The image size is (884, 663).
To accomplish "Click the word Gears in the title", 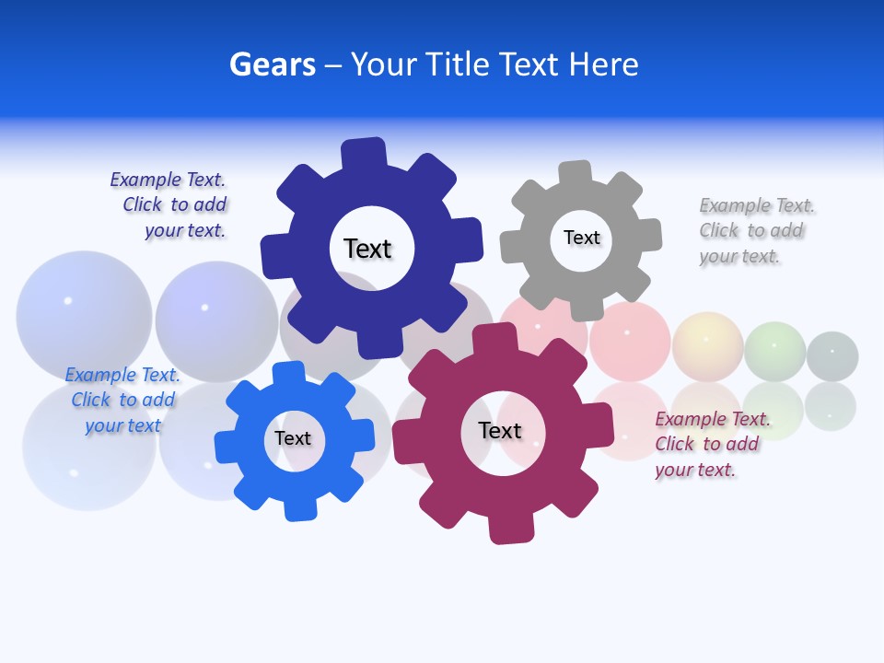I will (272, 64).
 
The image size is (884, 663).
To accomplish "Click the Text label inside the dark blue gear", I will (367, 249).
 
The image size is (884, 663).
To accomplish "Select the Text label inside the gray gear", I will (581, 238).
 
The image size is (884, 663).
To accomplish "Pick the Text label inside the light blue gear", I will (293, 438).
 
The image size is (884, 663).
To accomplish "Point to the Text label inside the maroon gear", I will (500, 430).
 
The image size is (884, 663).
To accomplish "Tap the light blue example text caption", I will (122, 400).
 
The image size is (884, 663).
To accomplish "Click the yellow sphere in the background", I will (707, 346).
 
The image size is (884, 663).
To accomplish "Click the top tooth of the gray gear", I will (576, 173).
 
